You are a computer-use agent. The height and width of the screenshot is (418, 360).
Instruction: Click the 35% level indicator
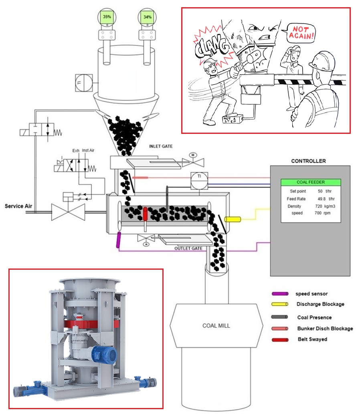(x=107, y=18)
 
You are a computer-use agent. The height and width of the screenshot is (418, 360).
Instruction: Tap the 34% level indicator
(x=147, y=18)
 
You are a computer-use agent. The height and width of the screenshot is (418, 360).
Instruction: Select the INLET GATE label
(x=160, y=146)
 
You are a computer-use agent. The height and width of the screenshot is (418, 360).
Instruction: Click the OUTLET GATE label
(x=188, y=248)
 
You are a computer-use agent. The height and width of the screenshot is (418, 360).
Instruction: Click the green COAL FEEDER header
(x=310, y=182)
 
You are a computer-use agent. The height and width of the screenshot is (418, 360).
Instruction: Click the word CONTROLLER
(x=309, y=161)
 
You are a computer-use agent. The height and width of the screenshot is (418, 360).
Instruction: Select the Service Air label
(x=18, y=206)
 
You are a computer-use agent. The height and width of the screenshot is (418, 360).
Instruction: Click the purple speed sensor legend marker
(x=280, y=294)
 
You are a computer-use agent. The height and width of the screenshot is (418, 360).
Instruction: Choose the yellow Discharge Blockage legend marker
(x=280, y=304)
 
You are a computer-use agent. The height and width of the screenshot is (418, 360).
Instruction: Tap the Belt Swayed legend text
(x=312, y=339)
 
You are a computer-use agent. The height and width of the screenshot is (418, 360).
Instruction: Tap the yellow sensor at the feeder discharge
(x=232, y=219)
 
